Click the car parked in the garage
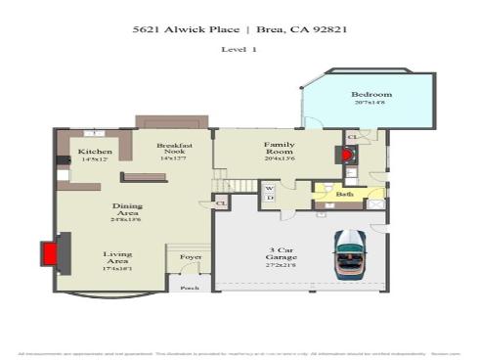pos(349,254)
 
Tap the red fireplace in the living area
pos(48,253)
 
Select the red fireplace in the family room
pos(345,154)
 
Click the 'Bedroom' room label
pos(370,95)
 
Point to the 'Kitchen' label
pos(95,152)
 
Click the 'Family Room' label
pos(279,148)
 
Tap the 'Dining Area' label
pos(127,210)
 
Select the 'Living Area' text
pos(117,258)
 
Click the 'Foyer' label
pos(190,257)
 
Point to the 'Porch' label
pos(189,289)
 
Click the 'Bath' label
pos(344,195)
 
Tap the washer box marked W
pos(269,187)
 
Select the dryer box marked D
pos(269,199)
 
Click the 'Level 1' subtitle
pos(239,49)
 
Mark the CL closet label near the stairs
pos(221,203)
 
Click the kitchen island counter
pos(143,176)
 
